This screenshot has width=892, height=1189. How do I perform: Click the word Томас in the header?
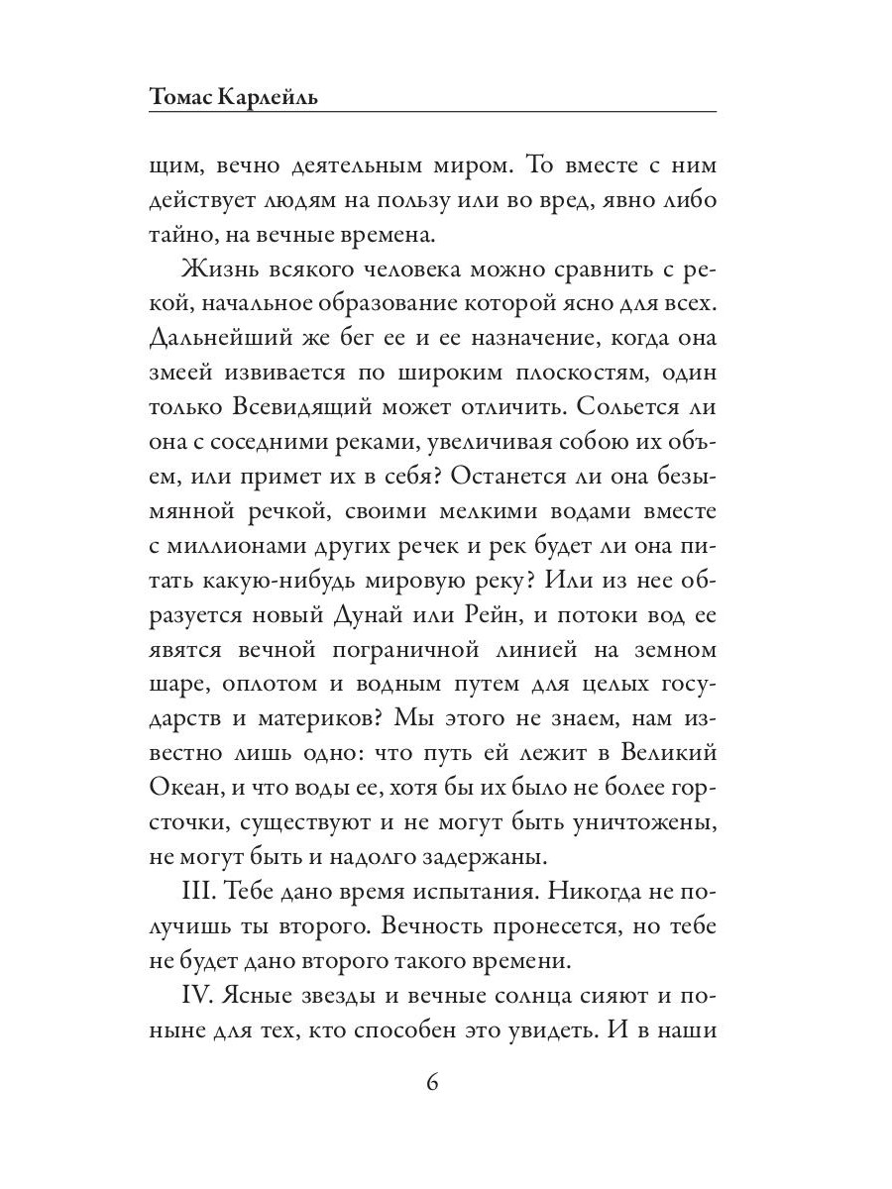click(185, 97)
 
